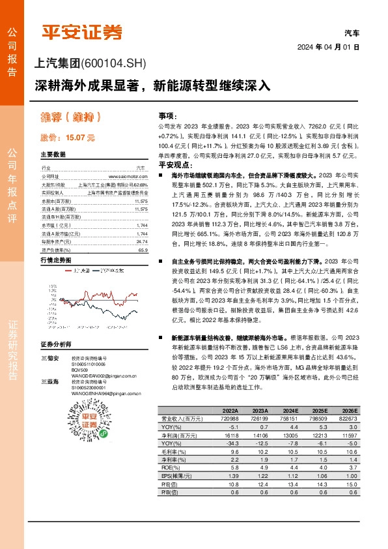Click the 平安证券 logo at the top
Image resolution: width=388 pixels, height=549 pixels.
(81, 31)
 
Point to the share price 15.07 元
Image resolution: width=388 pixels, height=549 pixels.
(68, 138)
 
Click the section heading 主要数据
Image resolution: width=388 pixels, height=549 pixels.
(53, 155)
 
